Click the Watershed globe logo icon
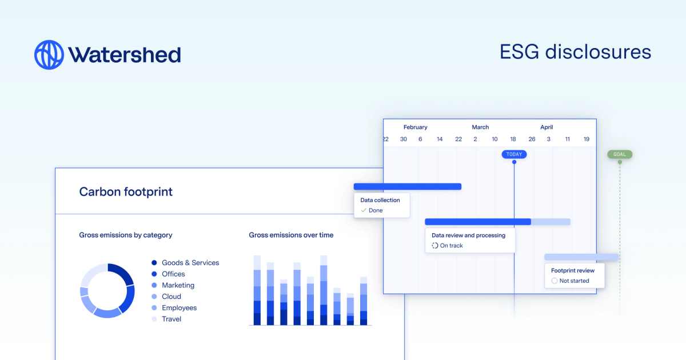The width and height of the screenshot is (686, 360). [x=49, y=55]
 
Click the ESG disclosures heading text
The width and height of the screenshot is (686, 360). [x=575, y=52]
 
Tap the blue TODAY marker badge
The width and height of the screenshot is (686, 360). [x=514, y=154]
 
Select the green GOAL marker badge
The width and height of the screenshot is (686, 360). [x=620, y=154]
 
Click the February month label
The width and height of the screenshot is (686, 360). [x=415, y=127]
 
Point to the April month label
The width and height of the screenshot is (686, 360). [x=547, y=127]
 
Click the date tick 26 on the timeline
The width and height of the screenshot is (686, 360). [x=532, y=139]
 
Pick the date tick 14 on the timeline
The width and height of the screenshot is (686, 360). [x=440, y=139]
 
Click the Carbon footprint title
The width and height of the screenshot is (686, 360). [x=126, y=192]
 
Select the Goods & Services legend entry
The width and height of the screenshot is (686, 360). [x=190, y=263]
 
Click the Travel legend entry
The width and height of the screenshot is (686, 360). [x=171, y=319]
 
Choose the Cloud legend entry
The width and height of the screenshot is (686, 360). [x=171, y=297]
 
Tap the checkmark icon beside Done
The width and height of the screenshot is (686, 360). [x=364, y=211]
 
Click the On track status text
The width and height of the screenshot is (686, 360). [x=451, y=246]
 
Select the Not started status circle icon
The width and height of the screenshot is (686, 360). [x=554, y=281]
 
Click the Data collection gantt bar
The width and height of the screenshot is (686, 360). [x=407, y=186]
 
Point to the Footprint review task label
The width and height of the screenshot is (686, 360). [x=572, y=270]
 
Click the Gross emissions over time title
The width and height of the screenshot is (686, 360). [x=291, y=235]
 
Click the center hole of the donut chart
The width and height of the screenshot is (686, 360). [x=107, y=291]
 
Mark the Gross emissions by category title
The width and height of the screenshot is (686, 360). [x=125, y=235]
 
